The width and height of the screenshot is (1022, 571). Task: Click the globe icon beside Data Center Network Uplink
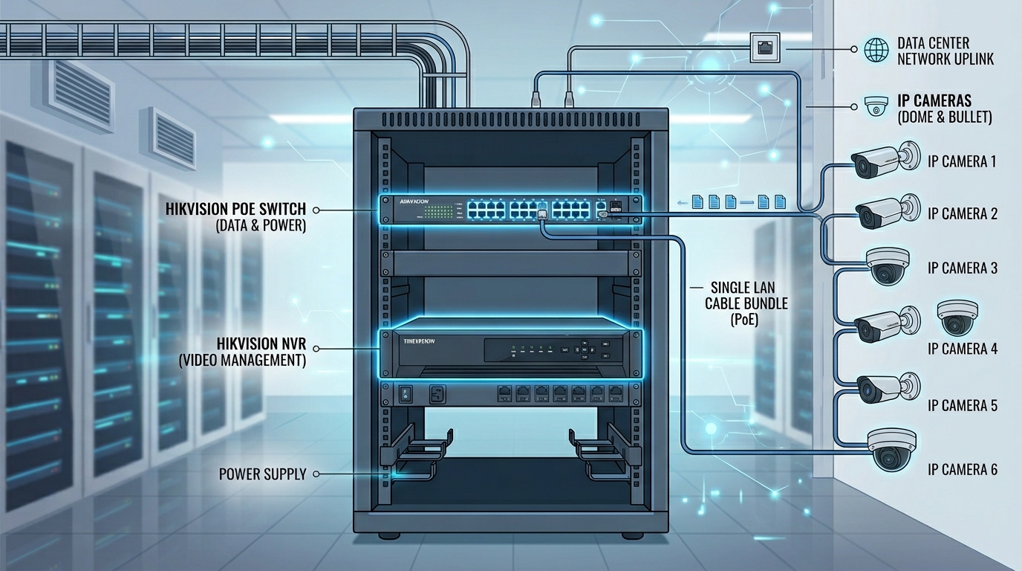tap(876, 50)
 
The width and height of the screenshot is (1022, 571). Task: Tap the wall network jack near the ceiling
tap(765, 48)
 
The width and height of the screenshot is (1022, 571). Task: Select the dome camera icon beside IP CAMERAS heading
tap(876, 106)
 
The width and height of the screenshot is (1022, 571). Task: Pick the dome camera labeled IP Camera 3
tap(888, 265)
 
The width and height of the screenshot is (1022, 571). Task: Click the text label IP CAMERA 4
tap(963, 349)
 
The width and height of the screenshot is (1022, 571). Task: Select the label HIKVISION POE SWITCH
tap(236, 210)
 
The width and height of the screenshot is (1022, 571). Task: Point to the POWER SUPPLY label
tap(262, 474)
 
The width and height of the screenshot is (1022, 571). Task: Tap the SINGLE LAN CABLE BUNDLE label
tap(746, 303)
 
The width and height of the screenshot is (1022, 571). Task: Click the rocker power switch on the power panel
tap(406, 393)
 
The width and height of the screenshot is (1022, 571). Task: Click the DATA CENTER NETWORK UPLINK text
tap(945, 51)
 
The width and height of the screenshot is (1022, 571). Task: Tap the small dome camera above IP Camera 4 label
tap(957, 317)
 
